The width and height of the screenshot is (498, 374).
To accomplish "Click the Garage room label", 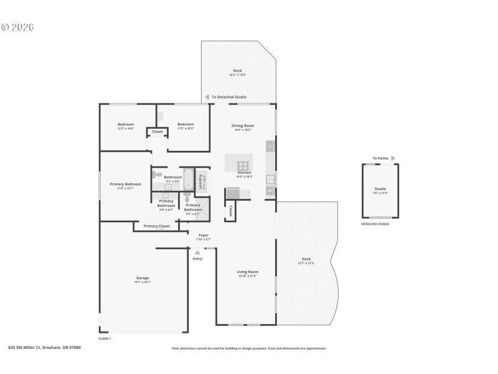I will (143, 278).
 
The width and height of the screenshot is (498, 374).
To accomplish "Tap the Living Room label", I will (247, 272).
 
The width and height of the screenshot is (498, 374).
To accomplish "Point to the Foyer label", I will (204, 235).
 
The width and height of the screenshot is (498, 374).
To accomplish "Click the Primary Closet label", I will (156, 226).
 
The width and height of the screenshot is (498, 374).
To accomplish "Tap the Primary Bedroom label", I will (126, 185).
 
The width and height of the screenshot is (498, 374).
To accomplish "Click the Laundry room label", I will (201, 181).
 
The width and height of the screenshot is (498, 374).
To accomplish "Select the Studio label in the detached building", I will (380, 189).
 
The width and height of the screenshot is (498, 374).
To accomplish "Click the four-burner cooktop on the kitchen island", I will (243, 166).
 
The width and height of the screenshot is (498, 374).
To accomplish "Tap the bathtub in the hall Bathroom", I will (187, 180).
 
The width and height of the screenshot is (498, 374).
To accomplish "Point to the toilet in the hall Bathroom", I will (158, 175).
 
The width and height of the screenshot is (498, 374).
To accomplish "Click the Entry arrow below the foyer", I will (197, 252).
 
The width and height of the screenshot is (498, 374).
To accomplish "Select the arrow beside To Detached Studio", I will (207, 97).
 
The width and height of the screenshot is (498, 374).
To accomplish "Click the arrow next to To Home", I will (393, 158).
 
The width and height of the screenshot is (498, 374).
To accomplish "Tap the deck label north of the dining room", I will (237, 71).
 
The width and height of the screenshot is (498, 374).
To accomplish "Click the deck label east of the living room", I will (306, 259).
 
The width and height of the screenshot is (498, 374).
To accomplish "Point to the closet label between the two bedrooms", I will (157, 132).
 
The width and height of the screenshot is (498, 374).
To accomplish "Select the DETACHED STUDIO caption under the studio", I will (375, 224).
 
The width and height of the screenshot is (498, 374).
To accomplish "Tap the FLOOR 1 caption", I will (105, 338).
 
